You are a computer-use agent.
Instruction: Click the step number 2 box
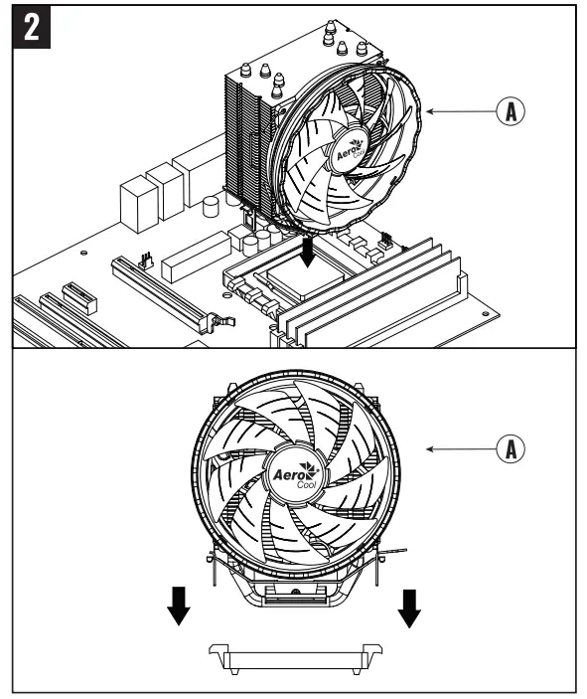pyautogui.click(x=33, y=30)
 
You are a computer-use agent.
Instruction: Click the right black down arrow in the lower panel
pyautogui.click(x=409, y=608)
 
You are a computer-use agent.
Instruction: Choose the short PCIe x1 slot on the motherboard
pyautogui.click(x=74, y=294)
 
